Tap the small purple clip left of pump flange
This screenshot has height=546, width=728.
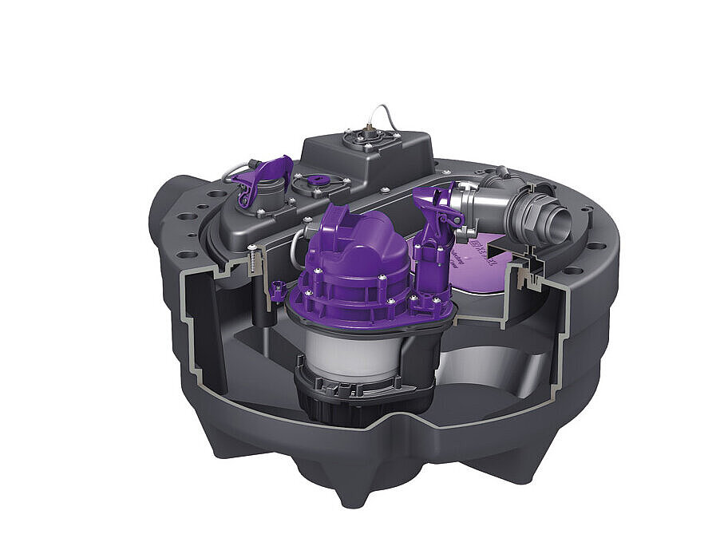pyautogui.click(x=278, y=291)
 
